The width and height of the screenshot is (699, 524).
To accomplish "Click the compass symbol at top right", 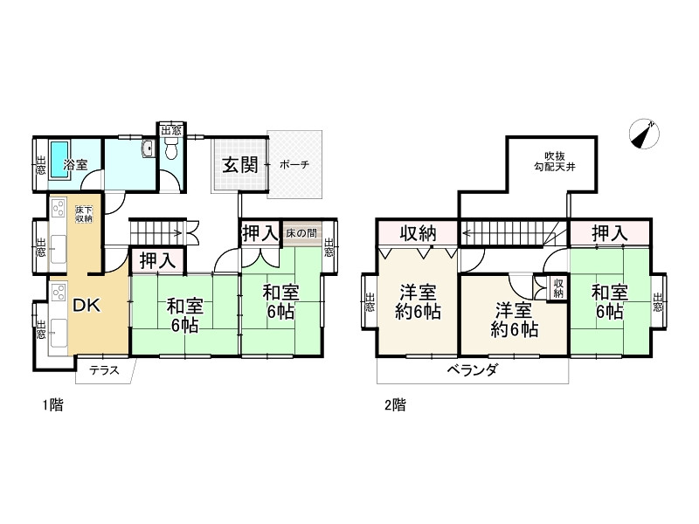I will [x=646, y=134].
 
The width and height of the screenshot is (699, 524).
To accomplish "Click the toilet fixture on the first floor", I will [x=171, y=151].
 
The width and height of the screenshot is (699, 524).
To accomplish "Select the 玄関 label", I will [x=239, y=162].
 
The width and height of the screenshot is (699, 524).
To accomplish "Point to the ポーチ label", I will [x=295, y=164].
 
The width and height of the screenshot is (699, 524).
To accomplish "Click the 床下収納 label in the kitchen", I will [x=84, y=214].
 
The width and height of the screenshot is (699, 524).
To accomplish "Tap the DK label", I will [x=86, y=306].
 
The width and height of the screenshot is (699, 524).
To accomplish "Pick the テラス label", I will [x=105, y=369].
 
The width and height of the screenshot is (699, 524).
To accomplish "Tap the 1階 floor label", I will [x=52, y=404].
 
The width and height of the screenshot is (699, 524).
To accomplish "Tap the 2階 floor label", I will [x=394, y=404].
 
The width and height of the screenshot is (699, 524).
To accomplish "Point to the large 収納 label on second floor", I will [x=419, y=233].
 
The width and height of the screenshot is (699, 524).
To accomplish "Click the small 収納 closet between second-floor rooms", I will [x=557, y=288].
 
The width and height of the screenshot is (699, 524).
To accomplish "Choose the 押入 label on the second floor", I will [x=609, y=233].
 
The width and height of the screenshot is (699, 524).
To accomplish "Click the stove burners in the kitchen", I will [x=59, y=210].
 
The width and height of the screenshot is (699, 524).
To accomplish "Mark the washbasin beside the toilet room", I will [x=148, y=149].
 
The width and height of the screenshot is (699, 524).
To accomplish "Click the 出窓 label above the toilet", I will [x=171, y=130].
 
